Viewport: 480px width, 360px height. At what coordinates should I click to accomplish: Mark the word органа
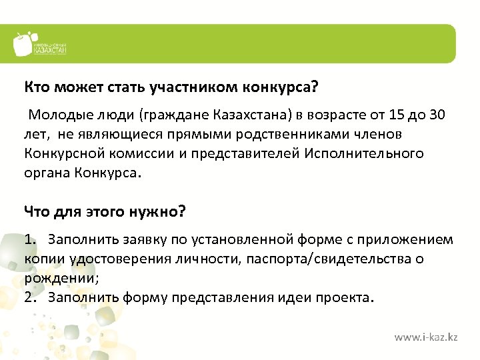43,174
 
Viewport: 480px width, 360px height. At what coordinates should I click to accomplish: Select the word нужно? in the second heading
159,212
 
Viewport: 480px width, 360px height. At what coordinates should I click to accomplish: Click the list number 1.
29,239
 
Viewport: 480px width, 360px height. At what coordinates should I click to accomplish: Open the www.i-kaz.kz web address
425,338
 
